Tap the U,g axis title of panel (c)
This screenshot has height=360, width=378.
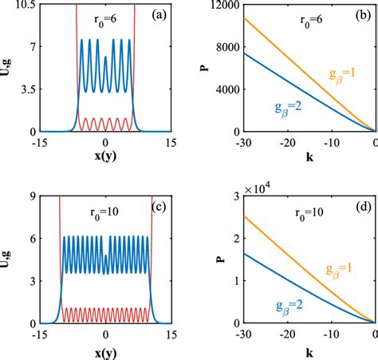(7, 261)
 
